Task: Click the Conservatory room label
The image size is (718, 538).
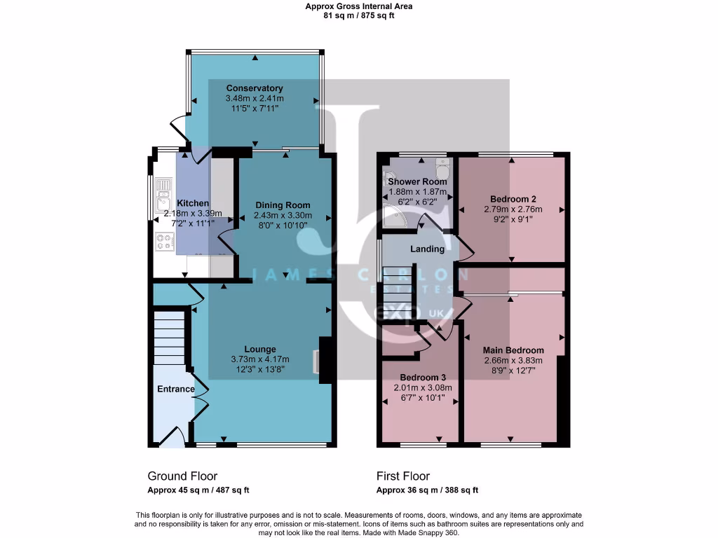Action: [254, 88]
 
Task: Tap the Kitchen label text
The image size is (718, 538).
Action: [193, 203]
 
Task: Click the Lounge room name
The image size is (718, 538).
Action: [259, 349]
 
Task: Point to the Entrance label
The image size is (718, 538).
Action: [175, 389]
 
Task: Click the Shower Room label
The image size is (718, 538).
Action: [418, 181]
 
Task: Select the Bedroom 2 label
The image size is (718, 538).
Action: [510, 198]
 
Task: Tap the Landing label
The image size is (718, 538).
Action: [427, 249]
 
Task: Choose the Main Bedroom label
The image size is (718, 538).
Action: [513, 350]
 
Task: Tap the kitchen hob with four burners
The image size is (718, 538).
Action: [165, 242]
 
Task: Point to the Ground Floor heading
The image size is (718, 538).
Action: [182, 476]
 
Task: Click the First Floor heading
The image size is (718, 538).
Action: [403, 476]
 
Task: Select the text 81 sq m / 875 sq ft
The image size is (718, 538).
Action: [359, 15]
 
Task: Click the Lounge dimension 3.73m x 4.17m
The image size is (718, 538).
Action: [259, 359]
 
